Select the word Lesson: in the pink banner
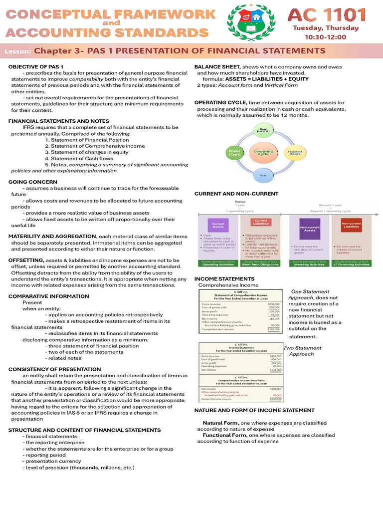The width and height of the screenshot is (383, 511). pyautogui.click(x=18, y=51)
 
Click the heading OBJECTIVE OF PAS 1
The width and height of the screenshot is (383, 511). pyautogui.click(x=35, y=67)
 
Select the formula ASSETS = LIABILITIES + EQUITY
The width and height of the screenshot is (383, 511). pyautogui.click(x=267, y=79)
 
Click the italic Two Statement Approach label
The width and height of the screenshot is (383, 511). pyautogui.click(x=302, y=350)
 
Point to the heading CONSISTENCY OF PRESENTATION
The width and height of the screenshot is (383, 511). pyautogui.click(x=54, y=369)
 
